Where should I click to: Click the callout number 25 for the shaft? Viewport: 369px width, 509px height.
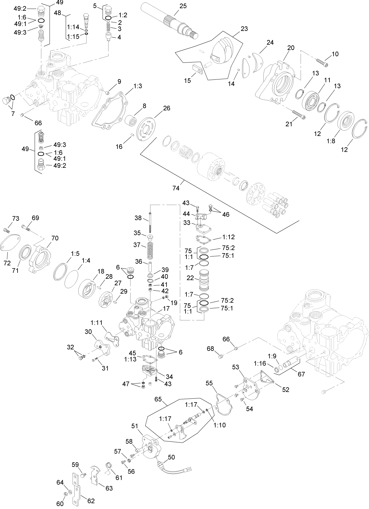[x=183, y=6]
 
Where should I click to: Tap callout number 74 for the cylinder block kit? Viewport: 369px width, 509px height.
[x=176, y=188]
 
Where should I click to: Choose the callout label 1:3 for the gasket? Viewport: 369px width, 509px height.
[x=138, y=86]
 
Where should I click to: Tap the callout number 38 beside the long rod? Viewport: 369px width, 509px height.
[x=138, y=218]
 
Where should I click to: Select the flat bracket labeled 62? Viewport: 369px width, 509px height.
[x=76, y=488]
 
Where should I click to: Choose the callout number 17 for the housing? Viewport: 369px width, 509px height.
[x=166, y=308]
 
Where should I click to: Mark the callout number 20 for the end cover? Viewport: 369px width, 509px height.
[x=291, y=48]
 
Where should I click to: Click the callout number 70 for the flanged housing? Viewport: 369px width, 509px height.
[x=55, y=238]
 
